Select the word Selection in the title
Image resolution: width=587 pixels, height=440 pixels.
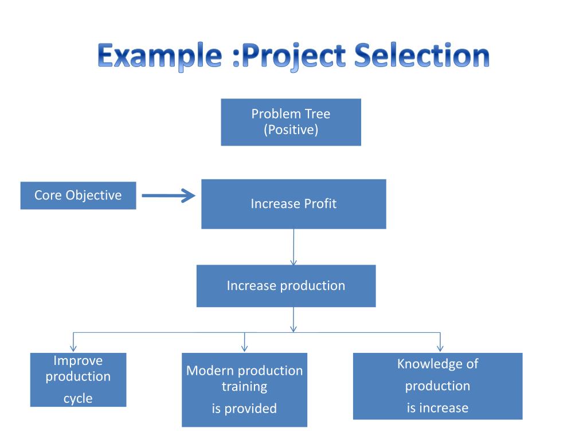tap(422, 56)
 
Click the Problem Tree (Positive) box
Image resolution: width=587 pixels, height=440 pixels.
tap(291, 122)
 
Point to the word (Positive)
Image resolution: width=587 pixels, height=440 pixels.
tap(291, 130)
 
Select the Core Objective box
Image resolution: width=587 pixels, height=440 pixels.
tap(78, 195)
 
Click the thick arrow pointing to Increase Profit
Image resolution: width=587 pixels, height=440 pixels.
tap(169, 196)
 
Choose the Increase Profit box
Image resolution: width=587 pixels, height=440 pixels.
tap(293, 204)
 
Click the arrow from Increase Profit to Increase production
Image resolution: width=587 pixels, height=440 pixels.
tap(293, 246)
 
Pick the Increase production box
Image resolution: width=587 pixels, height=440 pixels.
tap(286, 286)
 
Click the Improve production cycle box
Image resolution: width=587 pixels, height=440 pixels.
tap(78, 380)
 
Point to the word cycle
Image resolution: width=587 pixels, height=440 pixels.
tap(78, 399)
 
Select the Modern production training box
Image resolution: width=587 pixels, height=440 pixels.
tap(244, 390)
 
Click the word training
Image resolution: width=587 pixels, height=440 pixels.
tap(244, 387)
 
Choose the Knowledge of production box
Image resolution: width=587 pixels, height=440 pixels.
tap(437, 386)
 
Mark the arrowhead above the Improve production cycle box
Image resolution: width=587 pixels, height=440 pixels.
tap(73, 347)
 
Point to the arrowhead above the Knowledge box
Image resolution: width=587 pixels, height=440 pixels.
tap(440, 347)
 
